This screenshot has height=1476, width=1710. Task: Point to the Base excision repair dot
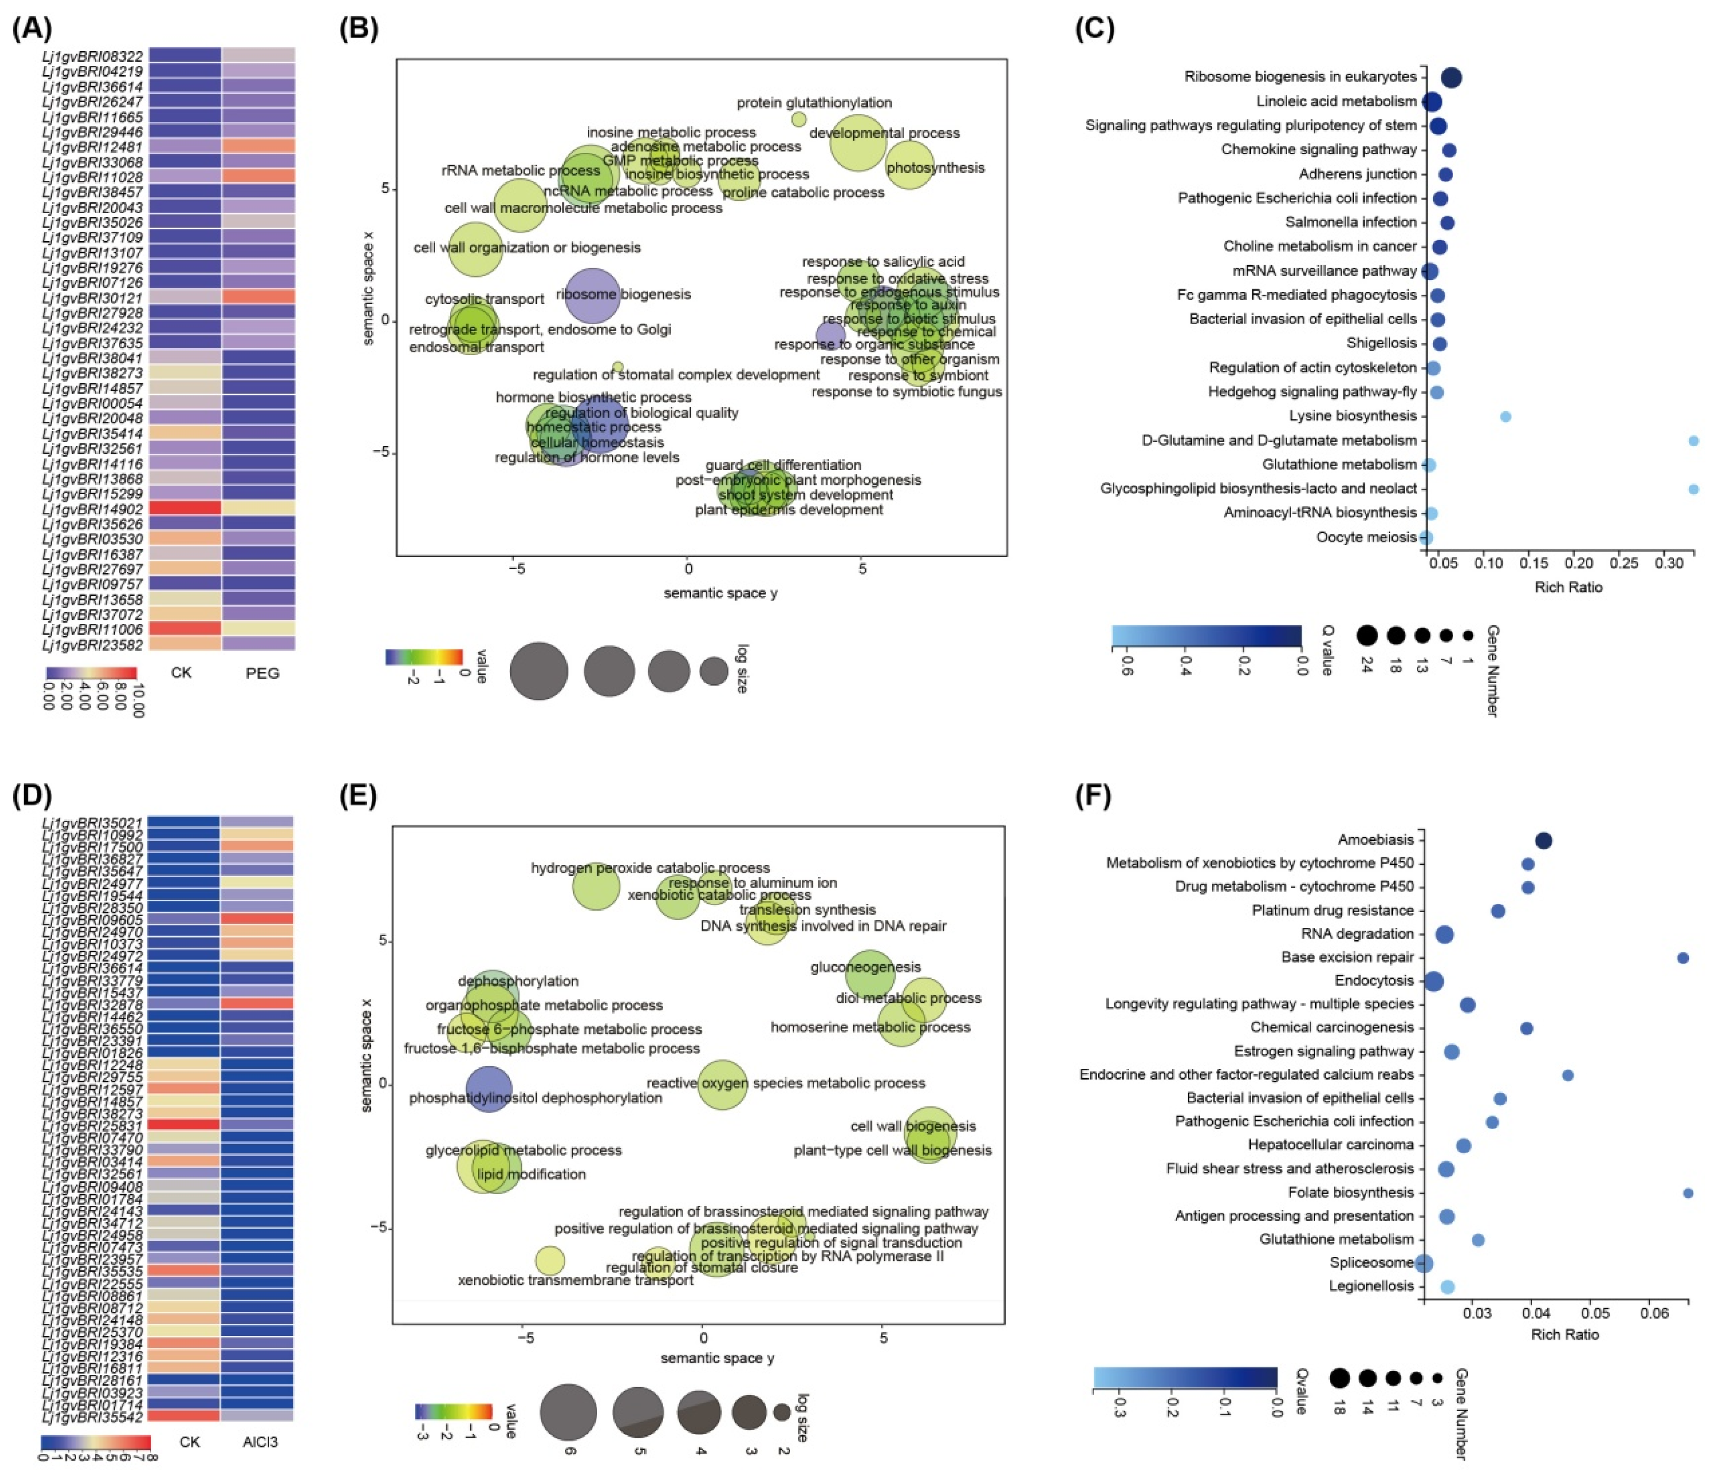click(x=1683, y=958)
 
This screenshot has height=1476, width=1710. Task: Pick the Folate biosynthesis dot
click(x=1688, y=1193)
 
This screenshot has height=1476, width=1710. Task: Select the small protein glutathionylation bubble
click(x=798, y=119)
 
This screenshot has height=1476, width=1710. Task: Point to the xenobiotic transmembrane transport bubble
click(x=550, y=1260)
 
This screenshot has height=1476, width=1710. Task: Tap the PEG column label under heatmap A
click(x=262, y=673)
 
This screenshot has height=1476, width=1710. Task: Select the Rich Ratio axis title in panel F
click(x=1565, y=1335)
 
